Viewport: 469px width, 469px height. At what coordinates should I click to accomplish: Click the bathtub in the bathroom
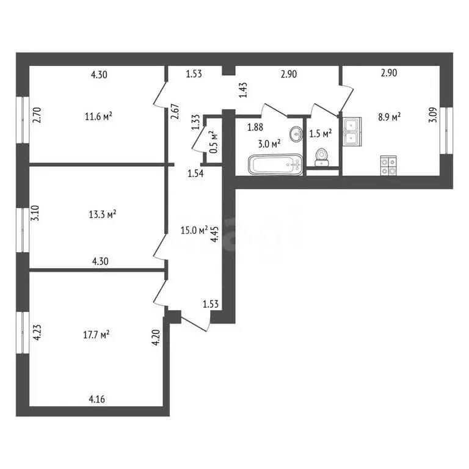[275, 164]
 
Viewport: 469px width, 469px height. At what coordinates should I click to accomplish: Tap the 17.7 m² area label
[96, 335]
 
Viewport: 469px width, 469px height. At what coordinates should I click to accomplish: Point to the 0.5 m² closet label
[213, 142]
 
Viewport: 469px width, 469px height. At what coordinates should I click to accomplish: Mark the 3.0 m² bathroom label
[268, 144]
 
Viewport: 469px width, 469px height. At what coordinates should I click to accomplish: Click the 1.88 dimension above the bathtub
[255, 128]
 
